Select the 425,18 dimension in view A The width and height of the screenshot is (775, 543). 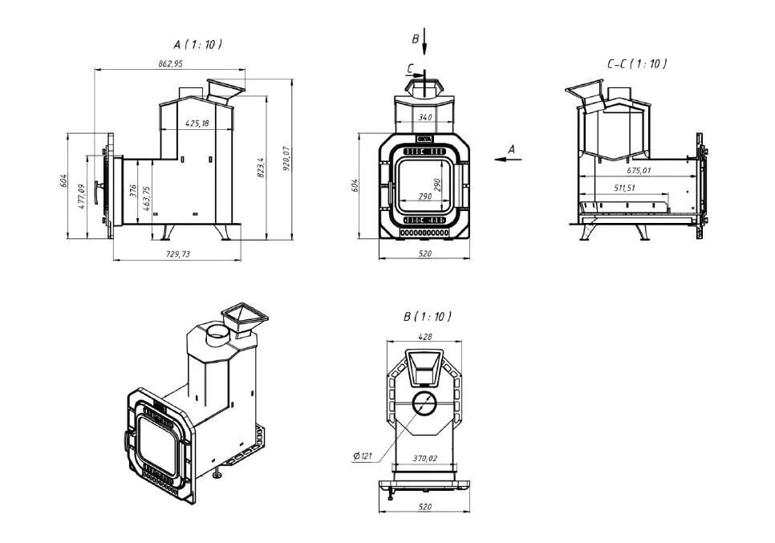[197, 124]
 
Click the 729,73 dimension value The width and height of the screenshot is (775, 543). [177, 253]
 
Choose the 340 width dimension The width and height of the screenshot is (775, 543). [425, 118]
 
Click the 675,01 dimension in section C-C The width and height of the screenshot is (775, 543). [639, 171]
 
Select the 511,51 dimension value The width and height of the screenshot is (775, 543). [619, 188]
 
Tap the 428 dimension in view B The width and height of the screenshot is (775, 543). [424, 335]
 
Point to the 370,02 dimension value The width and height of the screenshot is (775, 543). [424, 458]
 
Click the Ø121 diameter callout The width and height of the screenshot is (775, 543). [361, 456]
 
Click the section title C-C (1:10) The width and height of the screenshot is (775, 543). [637, 63]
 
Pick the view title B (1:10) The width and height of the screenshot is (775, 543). [427, 317]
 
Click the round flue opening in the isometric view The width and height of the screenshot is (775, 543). [217, 334]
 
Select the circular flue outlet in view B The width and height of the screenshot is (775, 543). [424, 403]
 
